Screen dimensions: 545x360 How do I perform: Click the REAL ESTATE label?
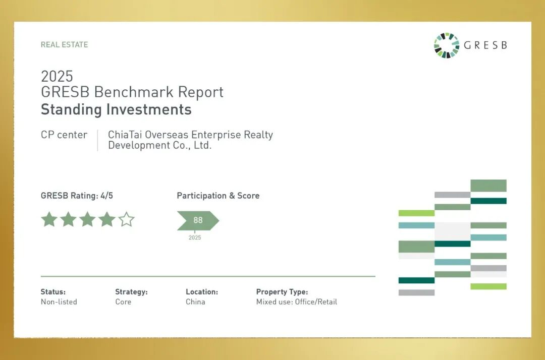point(64,45)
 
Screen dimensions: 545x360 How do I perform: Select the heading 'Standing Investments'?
point(116,110)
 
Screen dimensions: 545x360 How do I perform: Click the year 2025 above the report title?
point(57,76)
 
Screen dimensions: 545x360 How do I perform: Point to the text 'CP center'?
point(64,135)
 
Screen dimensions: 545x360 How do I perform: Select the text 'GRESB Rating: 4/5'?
point(77,196)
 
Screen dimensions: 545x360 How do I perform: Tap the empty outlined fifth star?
point(126,219)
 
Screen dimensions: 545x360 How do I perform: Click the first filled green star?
point(49,219)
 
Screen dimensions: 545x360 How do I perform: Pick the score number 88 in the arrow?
point(198,220)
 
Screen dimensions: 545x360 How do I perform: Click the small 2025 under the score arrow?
point(195,237)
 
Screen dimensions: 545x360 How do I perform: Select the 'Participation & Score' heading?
point(219,196)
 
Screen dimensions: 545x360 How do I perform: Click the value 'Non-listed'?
point(59,302)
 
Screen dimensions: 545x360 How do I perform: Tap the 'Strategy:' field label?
point(131,292)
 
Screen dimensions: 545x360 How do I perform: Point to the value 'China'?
point(195,302)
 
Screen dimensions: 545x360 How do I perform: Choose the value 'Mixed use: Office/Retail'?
point(297,302)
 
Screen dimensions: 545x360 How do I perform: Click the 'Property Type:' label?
point(282,292)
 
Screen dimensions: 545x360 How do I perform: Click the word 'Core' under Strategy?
point(123,302)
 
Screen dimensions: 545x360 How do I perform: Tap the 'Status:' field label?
point(53,292)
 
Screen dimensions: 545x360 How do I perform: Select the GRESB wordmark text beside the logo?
point(485,45)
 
